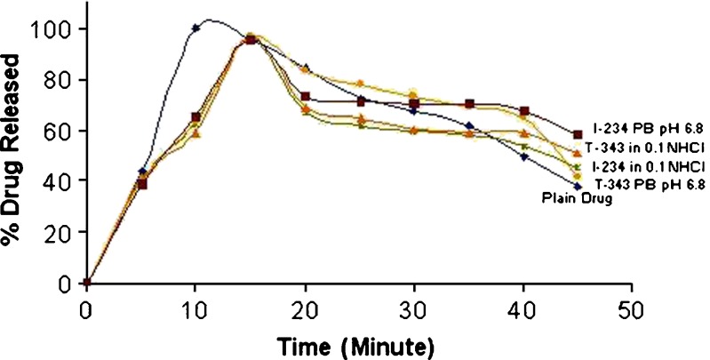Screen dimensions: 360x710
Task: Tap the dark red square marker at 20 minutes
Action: point(305,96)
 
